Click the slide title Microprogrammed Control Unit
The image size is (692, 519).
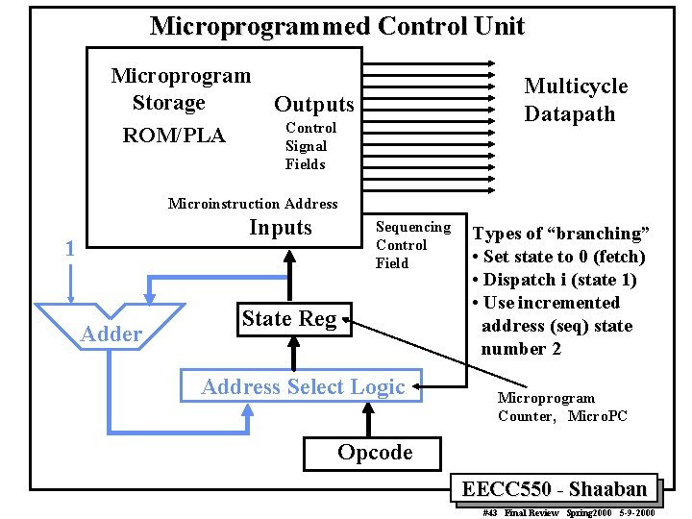pyautogui.click(x=336, y=26)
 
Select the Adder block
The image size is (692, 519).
pyautogui.click(x=111, y=328)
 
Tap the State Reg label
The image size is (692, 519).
pyautogui.click(x=289, y=319)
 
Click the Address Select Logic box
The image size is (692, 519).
pyautogui.click(x=303, y=386)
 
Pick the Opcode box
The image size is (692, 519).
pyautogui.click(x=375, y=453)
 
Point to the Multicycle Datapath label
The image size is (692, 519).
pyautogui.click(x=575, y=100)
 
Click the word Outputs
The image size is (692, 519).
pyautogui.click(x=313, y=104)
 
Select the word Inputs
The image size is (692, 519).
pyautogui.click(x=280, y=228)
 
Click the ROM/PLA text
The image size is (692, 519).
pyautogui.click(x=174, y=136)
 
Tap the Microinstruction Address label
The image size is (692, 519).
pyautogui.click(x=253, y=203)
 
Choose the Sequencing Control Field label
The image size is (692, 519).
pyautogui.click(x=412, y=244)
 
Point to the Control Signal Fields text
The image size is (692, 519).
pyautogui.click(x=309, y=146)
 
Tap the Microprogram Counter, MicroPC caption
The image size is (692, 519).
pyautogui.click(x=561, y=407)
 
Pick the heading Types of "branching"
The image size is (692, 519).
pyautogui.click(x=560, y=234)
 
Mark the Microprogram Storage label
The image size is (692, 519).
pyautogui.click(x=181, y=88)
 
